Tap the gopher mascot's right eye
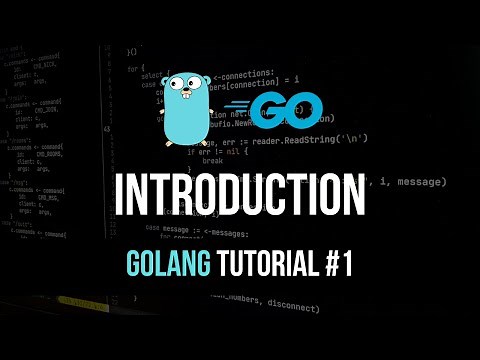[x=202, y=88]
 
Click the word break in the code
[x=212, y=159]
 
